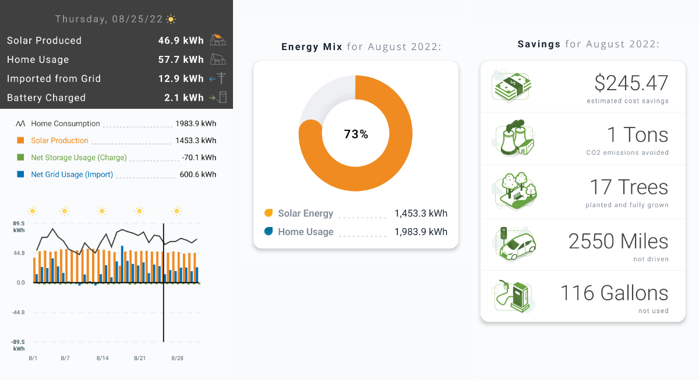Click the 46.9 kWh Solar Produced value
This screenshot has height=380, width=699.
coord(181,41)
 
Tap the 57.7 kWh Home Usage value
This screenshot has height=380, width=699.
coord(181,59)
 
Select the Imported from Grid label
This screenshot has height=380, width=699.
coord(54,79)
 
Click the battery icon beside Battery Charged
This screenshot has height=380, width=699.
coord(221,98)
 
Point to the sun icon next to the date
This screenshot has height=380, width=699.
coord(171,19)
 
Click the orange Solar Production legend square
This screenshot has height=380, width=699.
coord(20,140)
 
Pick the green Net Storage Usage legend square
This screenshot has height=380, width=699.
coord(20,157)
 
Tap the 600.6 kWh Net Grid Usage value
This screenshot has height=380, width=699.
coord(196,174)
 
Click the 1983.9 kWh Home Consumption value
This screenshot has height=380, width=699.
coord(196,123)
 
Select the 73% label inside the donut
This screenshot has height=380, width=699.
coord(356,134)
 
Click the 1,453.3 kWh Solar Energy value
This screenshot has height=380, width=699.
coord(421,214)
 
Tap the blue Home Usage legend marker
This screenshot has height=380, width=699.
coord(269,232)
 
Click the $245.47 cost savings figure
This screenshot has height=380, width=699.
coord(631,84)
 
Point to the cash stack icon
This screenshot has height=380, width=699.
coord(512,87)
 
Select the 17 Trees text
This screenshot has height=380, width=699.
coord(629,187)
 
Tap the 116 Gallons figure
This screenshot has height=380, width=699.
coord(614,293)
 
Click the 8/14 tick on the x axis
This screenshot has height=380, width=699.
coord(103,358)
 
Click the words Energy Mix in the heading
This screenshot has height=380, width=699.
coord(312,47)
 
